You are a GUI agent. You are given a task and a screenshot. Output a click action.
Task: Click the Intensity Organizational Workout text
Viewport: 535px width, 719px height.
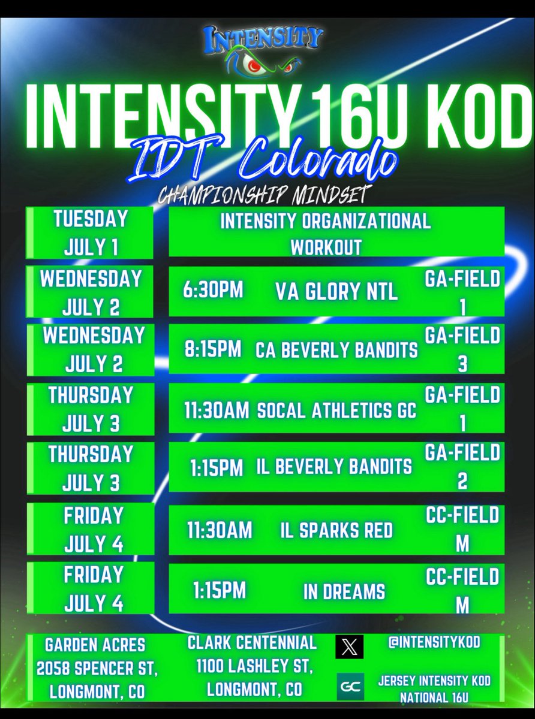click(325, 233)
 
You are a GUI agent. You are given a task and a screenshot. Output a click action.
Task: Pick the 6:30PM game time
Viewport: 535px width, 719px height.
click(214, 291)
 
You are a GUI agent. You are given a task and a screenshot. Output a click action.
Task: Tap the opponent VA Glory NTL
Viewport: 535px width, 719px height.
click(336, 292)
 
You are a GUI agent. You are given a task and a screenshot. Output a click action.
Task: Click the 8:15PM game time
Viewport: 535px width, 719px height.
click(214, 350)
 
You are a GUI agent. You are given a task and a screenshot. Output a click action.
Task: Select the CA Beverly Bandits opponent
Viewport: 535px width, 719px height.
click(336, 351)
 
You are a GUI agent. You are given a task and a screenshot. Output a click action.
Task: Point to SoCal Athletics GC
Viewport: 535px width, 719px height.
click(336, 410)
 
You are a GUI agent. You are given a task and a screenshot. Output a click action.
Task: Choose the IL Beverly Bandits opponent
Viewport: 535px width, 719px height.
click(336, 467)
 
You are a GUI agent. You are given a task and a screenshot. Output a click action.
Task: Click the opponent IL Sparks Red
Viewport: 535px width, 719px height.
click(336, 530)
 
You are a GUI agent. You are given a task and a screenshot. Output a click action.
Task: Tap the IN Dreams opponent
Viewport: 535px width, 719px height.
click(336, 591)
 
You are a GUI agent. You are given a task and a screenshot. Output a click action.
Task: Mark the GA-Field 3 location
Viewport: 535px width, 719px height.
click(462, 350)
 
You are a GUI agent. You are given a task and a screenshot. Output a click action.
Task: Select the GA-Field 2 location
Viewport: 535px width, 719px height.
click(462, 467)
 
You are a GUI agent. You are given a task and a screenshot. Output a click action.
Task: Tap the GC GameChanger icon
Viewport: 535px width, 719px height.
click(349, 687)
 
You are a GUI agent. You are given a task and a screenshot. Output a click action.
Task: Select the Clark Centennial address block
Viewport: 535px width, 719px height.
click(253, 666)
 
